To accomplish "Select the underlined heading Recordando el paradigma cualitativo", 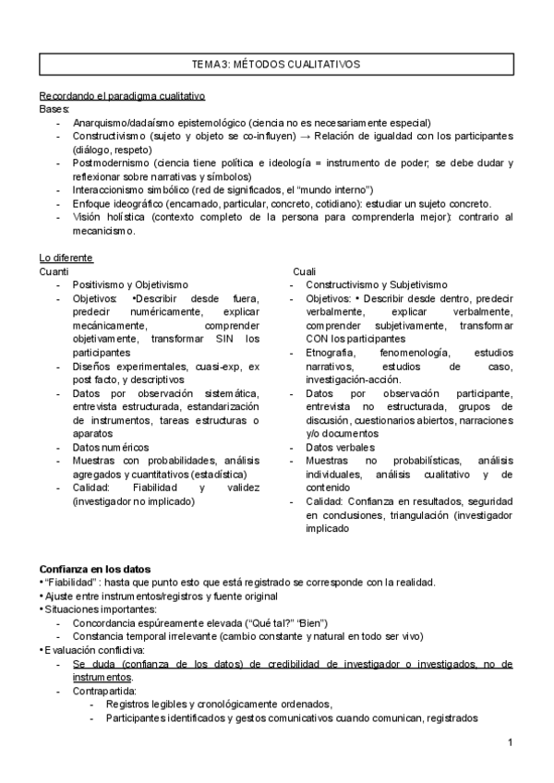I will pos(122,96).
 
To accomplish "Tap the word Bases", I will pos(54,109).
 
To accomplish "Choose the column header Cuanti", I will pos(54,271).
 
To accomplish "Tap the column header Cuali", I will pos(304,271).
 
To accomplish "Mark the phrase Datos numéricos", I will pos(110,447).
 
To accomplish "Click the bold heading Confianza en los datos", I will pos(95,568).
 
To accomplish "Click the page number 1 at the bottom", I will pos(511,742).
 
